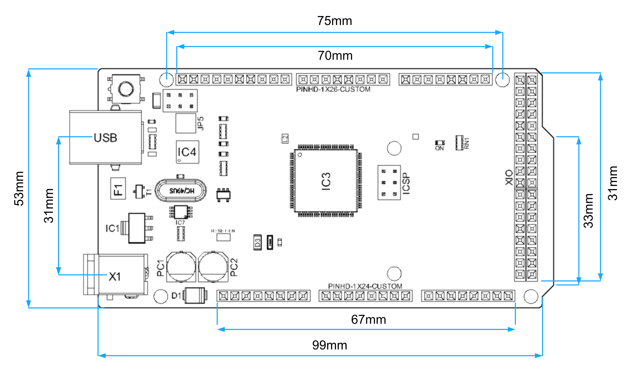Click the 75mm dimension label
(x=334, y=21)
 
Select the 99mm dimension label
(x=330, y=345)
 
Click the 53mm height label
(x=19, y=188)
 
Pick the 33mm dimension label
(x=589, y=211)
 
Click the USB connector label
(x=105, y=138)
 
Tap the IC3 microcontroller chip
(x=326, y=181)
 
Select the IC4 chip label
(x=187, y=152)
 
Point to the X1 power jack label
(x=115, y=277)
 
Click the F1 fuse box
(x=118, y=189)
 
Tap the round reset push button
(x=126, y=89)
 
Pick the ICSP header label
(x=406, y=184)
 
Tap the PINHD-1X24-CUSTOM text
(x=365, y=286)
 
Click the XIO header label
(x=509, y=177)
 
